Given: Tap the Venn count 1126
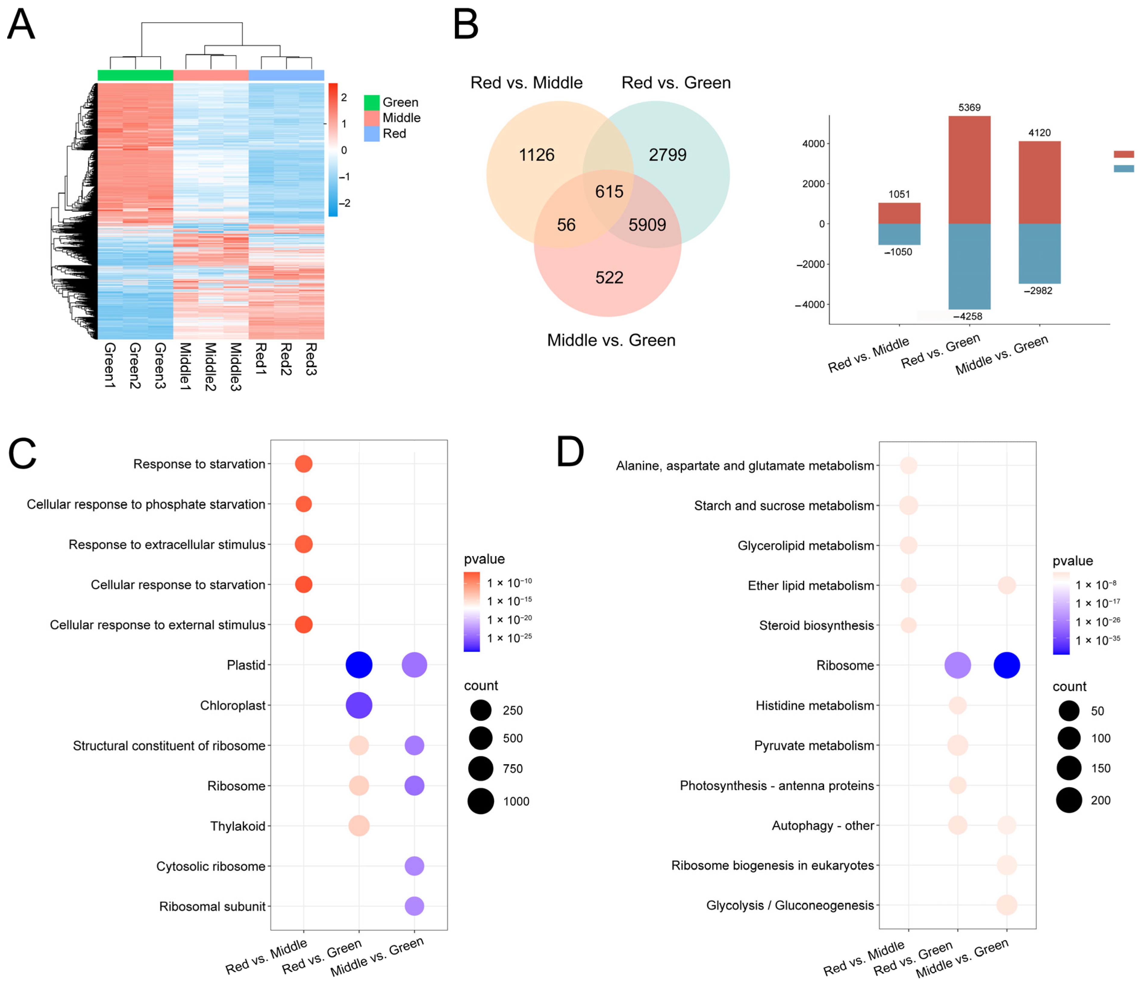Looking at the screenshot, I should pos(536,155).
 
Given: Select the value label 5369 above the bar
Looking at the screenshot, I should pos(969,108).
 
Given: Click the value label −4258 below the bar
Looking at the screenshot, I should pos(968,316).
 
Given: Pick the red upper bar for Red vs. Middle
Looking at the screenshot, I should pos(899,213).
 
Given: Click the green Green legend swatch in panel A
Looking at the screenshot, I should pos(372,102).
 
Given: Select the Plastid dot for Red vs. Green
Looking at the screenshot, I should pos(359,665).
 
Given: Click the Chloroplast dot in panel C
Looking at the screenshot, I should pos(359,705).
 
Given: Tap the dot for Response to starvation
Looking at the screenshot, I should pos(303,464).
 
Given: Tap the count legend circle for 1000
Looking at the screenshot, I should pos(481,801).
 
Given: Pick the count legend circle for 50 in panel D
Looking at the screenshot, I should pos(1069,711).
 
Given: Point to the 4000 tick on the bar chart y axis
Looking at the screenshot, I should pos(813,144).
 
